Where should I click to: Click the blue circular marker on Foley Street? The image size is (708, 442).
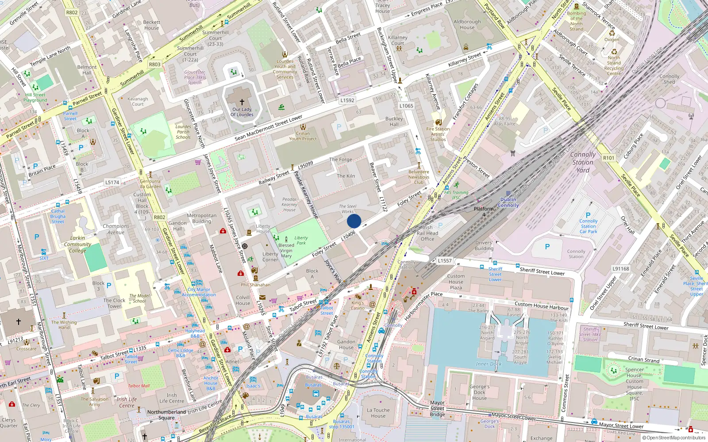point(354,221)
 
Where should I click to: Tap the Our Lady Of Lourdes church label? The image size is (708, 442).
point(242,112)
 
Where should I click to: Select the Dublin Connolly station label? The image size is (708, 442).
point(508,202)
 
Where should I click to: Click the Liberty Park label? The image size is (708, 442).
point(301,240)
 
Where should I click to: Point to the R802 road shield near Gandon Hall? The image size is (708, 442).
point(159,217)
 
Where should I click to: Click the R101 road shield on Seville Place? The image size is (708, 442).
point(608,158)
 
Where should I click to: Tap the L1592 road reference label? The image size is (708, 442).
point(347,100)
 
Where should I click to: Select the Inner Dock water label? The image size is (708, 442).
point(489,364)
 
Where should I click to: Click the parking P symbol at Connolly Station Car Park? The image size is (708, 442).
point(588,215)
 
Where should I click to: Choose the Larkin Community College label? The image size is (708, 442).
point(77,244)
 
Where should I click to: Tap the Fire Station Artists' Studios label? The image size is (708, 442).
point(438,134)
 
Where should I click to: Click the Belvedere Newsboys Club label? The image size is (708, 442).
point(419,177)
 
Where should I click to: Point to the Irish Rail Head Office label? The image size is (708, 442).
point(427,233)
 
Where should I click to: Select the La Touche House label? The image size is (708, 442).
point(378,413)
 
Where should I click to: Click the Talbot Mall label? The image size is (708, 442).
point(139,386)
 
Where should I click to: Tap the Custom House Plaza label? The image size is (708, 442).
point(456,282)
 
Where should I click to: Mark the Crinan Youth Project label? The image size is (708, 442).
point(303,136)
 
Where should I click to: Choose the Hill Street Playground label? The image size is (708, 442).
point(35,97)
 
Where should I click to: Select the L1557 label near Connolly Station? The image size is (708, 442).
point(445,261)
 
